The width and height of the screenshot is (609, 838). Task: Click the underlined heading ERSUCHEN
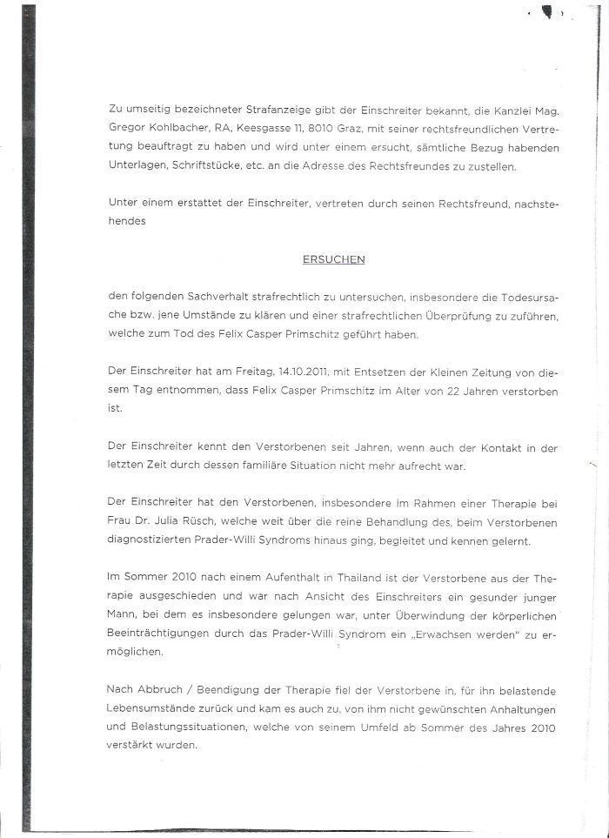pos(333,259)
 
